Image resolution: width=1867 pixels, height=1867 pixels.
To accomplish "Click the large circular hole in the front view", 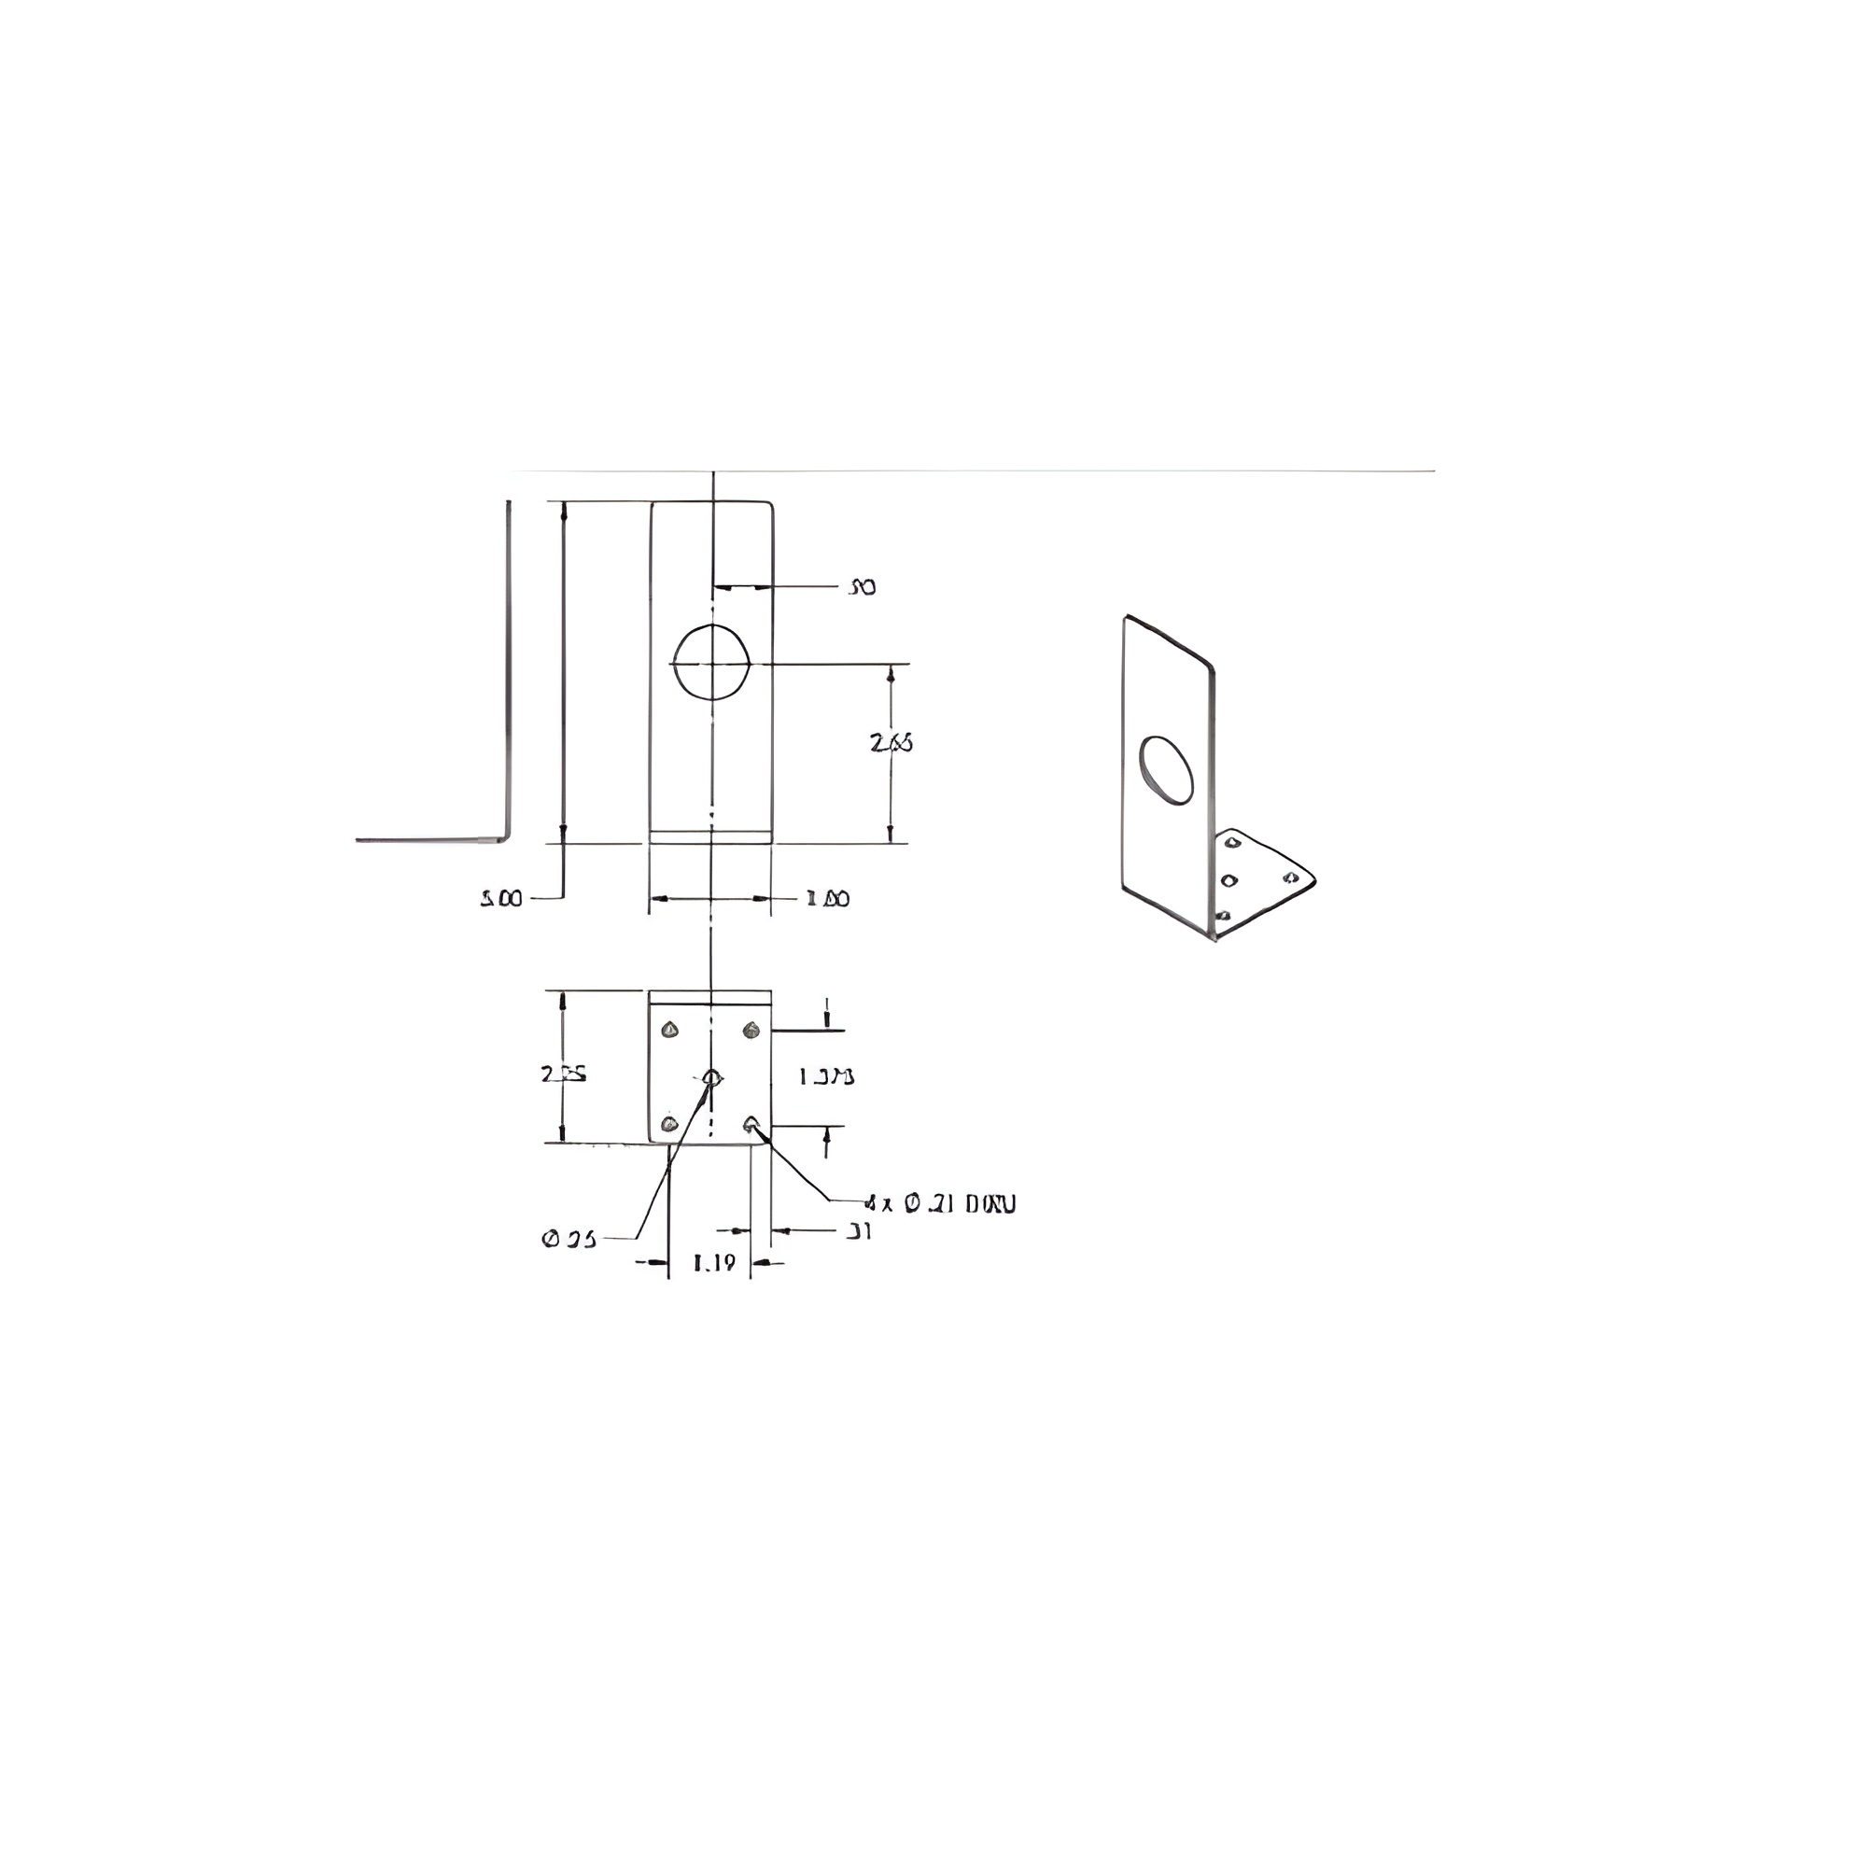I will (712, 662).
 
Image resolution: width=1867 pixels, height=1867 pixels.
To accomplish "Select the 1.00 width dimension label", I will (828, 899).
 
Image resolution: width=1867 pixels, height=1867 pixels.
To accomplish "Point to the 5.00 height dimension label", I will (500, 899).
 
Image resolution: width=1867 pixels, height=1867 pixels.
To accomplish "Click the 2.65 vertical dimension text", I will (891, 743).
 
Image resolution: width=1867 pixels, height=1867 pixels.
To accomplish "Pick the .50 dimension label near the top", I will (861, 586).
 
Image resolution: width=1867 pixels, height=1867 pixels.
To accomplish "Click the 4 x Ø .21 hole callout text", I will (940, 1204).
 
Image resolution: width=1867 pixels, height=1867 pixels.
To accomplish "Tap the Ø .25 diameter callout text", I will (569, 1239).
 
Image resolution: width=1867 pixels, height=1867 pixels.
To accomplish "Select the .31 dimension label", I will (858, 1231).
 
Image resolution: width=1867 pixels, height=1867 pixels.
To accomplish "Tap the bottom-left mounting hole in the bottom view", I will (667, 1124).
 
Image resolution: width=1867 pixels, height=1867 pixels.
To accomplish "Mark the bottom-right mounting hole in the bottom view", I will (751, 1123).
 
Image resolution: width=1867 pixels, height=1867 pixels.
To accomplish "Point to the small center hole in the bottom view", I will (711, 1076).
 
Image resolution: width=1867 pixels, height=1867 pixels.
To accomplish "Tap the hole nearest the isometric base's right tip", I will (1290, 877).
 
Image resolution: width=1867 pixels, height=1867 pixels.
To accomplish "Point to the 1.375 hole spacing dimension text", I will (826, 1075).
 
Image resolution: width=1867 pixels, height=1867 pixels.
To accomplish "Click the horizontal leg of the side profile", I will (425, 840).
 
